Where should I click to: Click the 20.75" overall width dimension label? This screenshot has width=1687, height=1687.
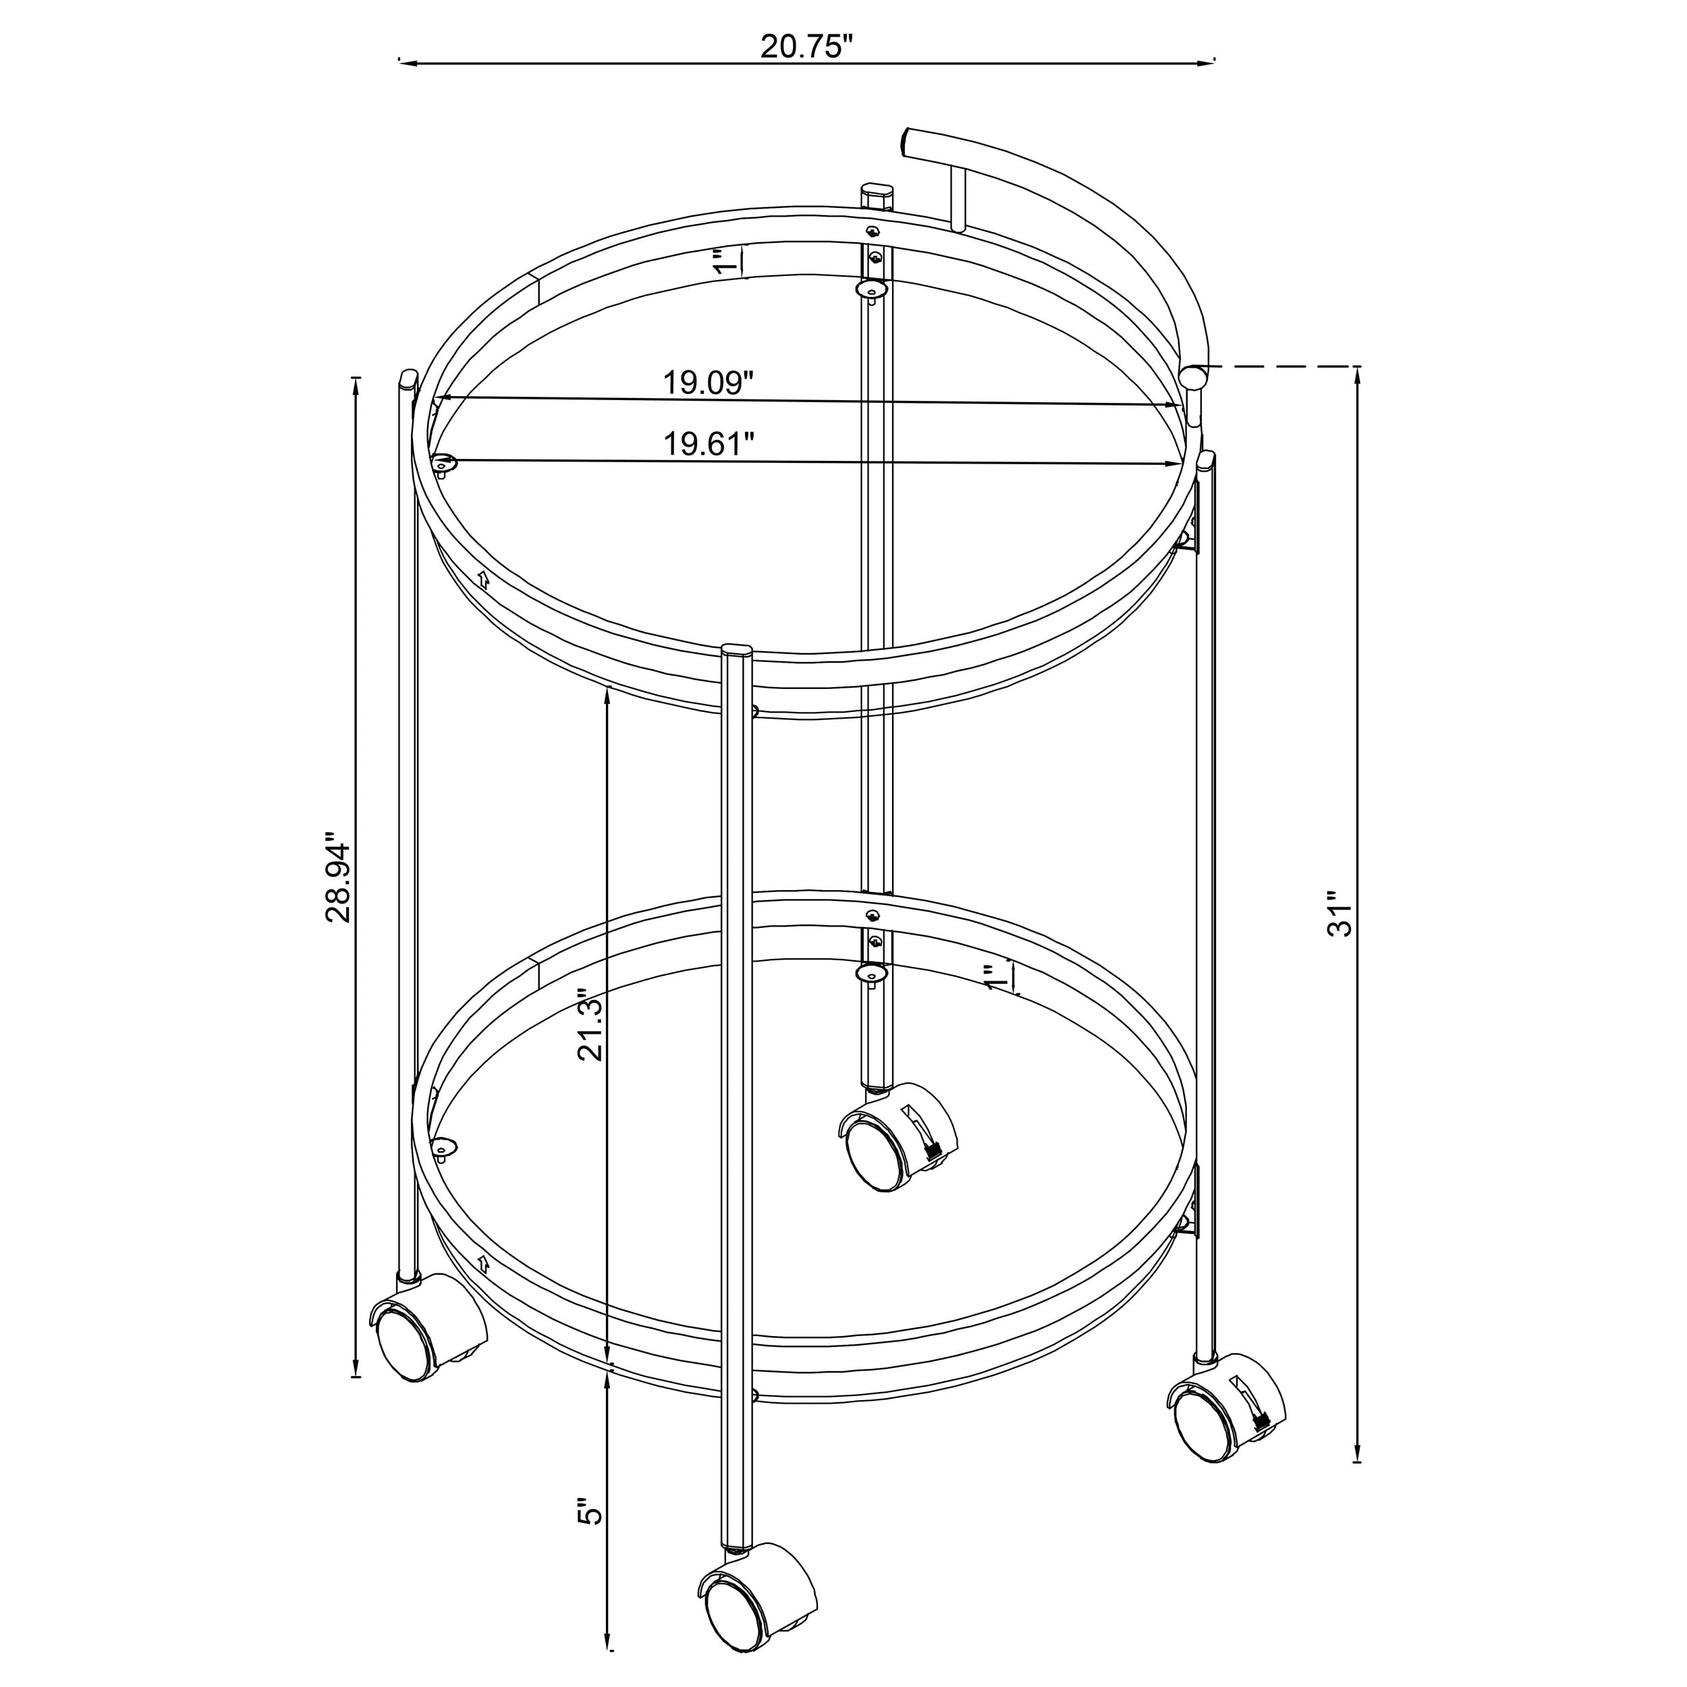[805, 47]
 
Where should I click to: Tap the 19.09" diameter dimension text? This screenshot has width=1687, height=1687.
[707, 383]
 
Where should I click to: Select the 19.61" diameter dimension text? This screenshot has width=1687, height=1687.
[708, 443]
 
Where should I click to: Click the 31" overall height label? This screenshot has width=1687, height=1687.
[1339, 914]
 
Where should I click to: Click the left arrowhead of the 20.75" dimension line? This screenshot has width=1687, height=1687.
[404, 62]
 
